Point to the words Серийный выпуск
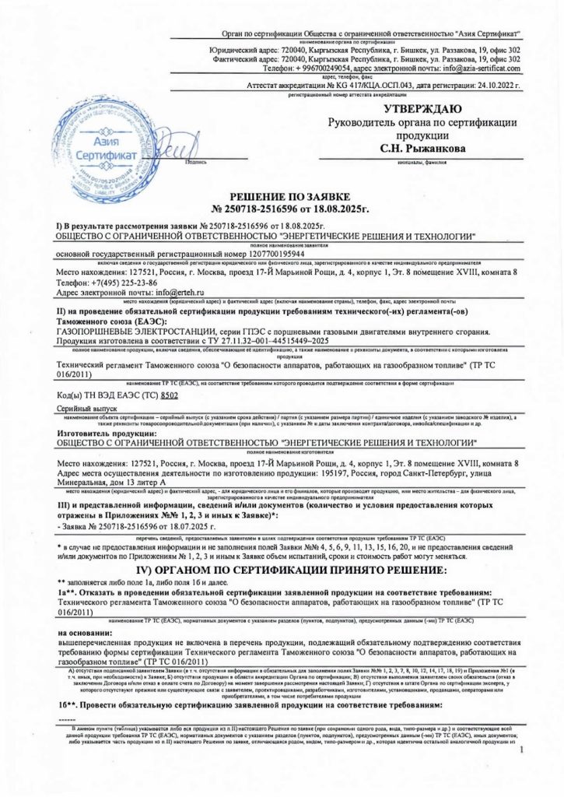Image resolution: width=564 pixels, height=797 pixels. click(87, 408)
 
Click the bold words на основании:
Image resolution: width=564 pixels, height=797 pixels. click(87, 633)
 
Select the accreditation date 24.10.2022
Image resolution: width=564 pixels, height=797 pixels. click(484, 84)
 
